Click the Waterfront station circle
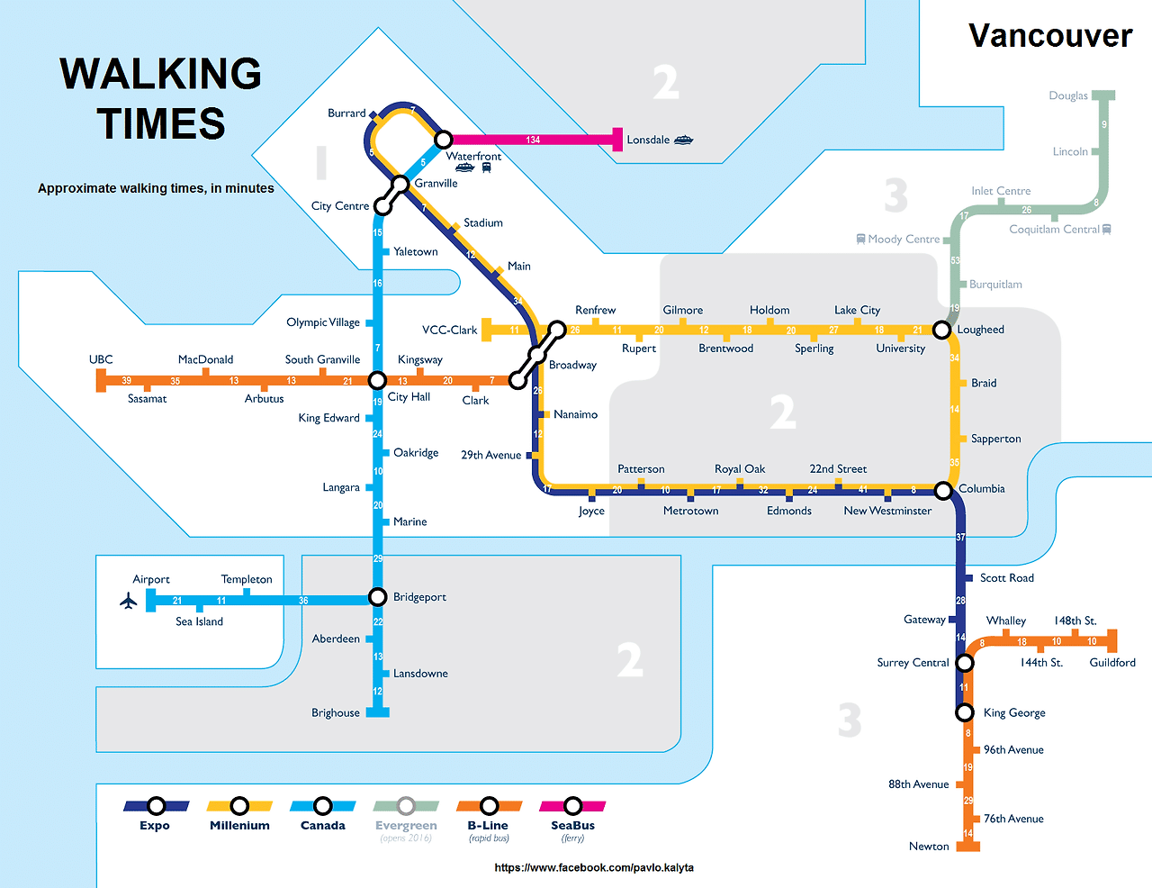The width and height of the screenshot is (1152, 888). tap(443, 140)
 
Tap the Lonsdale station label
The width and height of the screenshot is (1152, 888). tap(648, 140)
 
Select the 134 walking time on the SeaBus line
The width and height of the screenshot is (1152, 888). tap(533, 140)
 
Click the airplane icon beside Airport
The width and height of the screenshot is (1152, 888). tap(128, 601)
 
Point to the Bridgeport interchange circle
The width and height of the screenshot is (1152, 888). tap(378, 597)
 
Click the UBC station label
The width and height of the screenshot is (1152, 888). tap(101, 359)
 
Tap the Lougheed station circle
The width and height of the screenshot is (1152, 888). tap(941, 330)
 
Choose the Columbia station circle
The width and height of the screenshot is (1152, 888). tap(942, 490)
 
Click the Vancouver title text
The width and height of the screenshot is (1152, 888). tap(1049, 36)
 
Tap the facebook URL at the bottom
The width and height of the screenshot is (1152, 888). tap(594, 867)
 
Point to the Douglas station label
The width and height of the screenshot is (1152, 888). tap(1068, 95)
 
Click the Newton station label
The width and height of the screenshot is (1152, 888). tap(929, 846)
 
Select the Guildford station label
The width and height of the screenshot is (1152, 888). tap(1112, 662)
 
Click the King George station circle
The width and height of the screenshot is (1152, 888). tap(965, 712)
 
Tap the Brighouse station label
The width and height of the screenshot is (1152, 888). tap(336, 712)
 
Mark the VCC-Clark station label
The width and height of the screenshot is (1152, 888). tap(450, 330)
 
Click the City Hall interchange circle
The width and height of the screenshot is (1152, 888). tap(378, 380)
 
